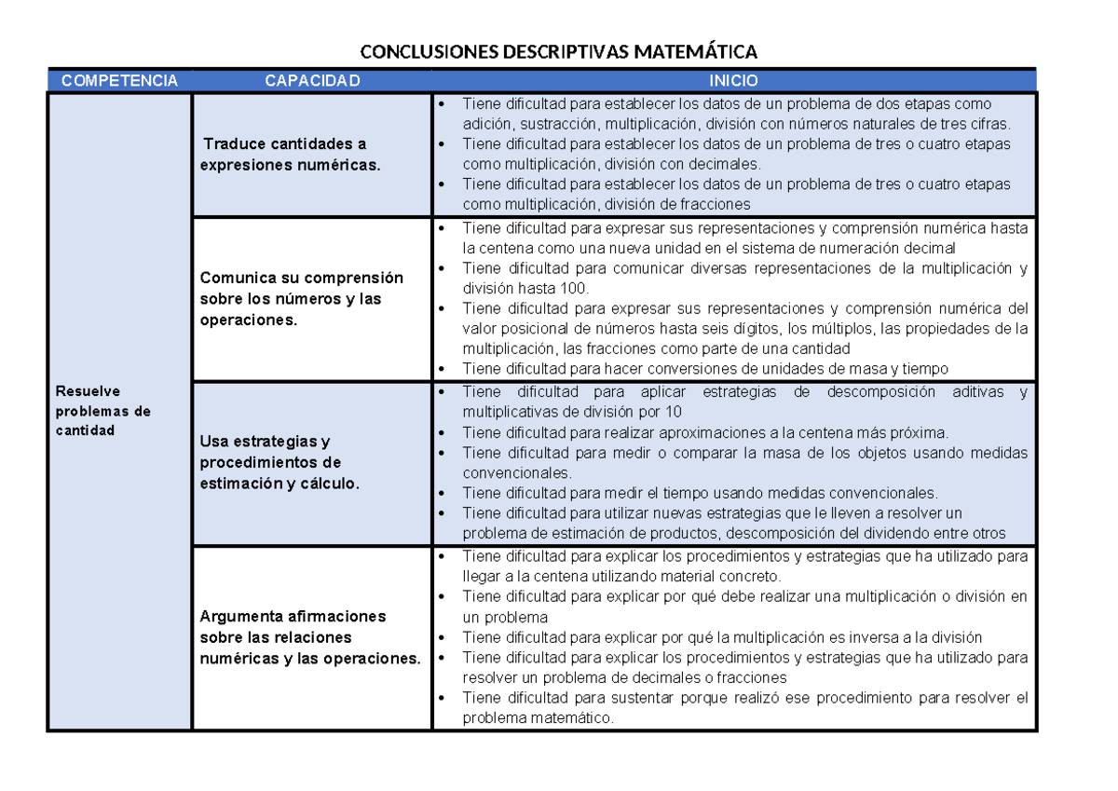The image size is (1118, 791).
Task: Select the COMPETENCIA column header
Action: pyautogui.click(x=119, y=81)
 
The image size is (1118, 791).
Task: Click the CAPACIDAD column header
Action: pyautogui.click(x=311, y=81)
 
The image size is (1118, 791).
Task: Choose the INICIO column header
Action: pyautogui.click(x=733, y=81)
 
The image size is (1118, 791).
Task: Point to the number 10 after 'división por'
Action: pyautogui.click(x=673, y=412)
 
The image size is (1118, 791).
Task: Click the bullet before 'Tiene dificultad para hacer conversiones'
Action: pyautogui.click(x=442, y=369)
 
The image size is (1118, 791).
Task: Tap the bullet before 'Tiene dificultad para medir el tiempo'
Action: pyautogui.click(x=442, y=493)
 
